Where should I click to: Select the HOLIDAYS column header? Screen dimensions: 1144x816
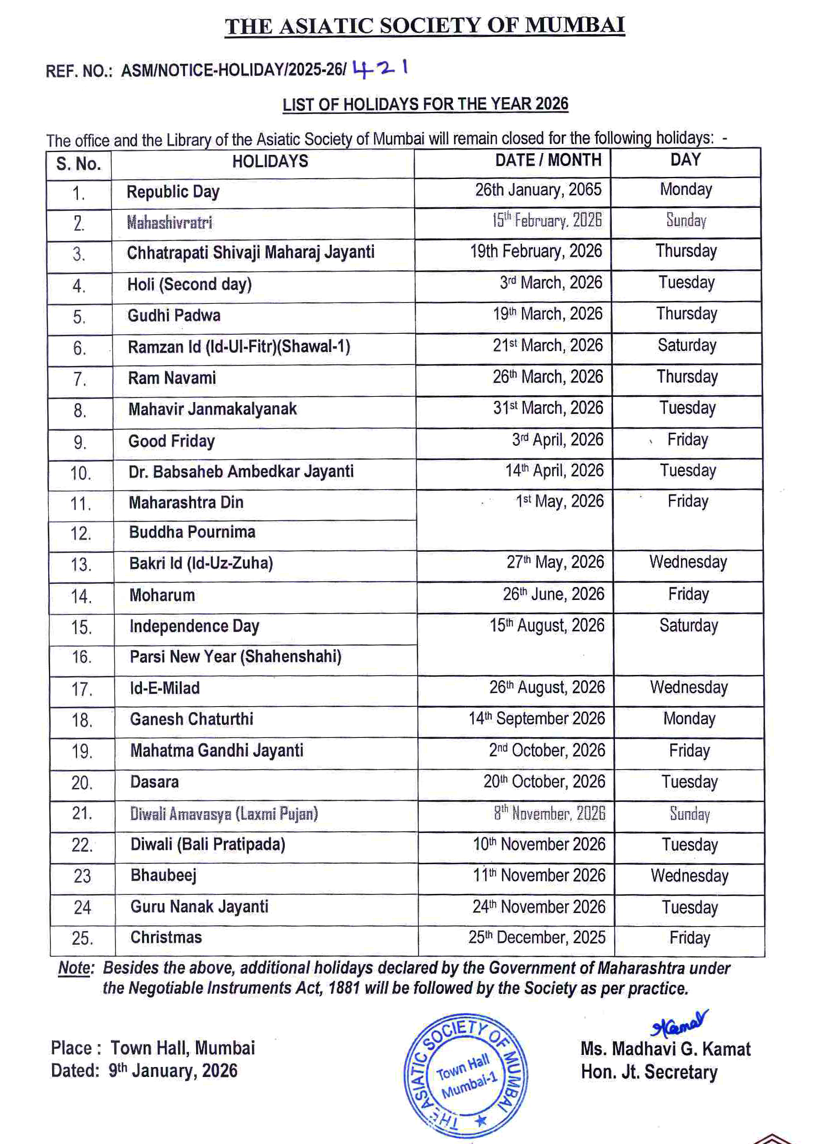270,161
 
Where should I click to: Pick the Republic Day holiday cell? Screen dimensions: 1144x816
173,192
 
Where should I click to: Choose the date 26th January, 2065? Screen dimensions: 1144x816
538,190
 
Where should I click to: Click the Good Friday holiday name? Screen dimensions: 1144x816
171,441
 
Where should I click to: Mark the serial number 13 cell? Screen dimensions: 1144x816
81,565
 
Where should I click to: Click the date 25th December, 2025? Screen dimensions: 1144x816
537,937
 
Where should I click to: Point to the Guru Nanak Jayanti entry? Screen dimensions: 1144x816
199,906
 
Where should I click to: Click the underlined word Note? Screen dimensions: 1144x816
75,968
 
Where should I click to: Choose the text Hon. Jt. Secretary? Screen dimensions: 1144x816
649,1072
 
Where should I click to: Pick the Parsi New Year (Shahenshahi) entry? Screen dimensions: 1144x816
235,656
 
